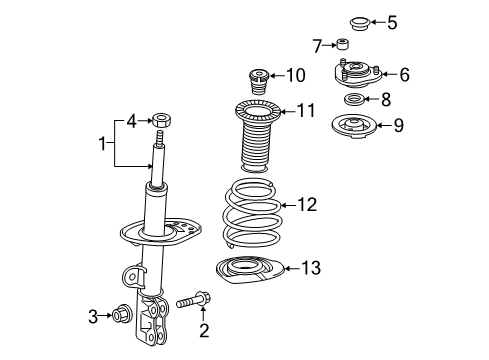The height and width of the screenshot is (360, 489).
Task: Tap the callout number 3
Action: pos(92,316)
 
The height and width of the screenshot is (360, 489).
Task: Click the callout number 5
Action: pos(392,20)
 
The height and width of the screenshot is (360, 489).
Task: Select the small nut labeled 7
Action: pos(343,43)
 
